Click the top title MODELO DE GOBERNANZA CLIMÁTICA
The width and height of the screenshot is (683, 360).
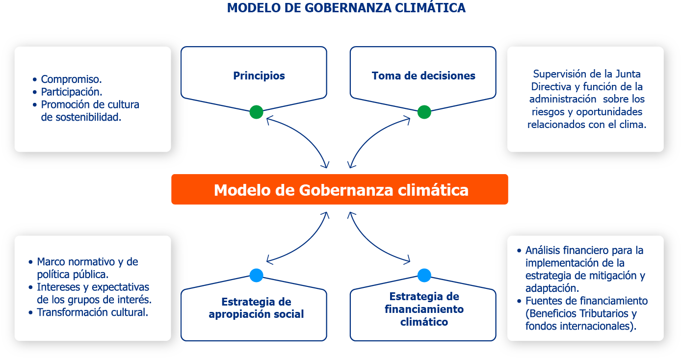click(x=346, y=8)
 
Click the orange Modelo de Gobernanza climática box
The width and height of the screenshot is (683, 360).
click(x=340, y=190)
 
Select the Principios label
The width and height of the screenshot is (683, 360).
click(x=259, y=76)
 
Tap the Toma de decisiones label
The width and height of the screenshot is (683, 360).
click(x=423, y=76)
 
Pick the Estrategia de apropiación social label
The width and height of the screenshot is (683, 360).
click(x=256, y=308)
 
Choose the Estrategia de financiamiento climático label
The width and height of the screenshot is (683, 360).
click(x=424, y=309)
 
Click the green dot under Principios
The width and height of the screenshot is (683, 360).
click(x=256, y=112)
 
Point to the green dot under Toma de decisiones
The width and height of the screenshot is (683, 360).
click(x=424, y=112)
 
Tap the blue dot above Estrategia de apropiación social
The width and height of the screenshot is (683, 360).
click(x=256, y=275)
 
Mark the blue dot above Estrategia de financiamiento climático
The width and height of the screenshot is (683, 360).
click(x=424, y=275)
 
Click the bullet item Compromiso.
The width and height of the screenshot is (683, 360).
click(x=71, y=79)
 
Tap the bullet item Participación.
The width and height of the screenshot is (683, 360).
click(x=71, y=92)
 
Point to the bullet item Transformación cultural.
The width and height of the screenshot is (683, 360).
click(x=92, y=312)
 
